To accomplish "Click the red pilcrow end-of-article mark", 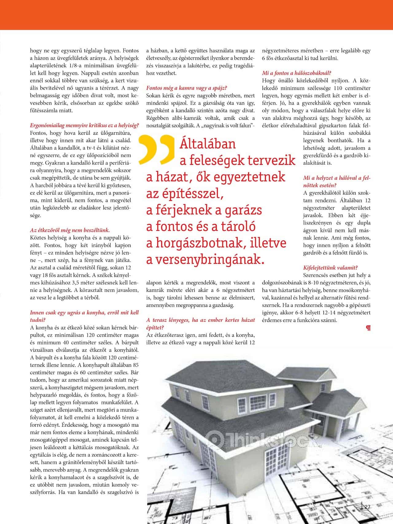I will tap(368, 328).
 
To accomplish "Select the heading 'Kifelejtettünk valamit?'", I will tap(330, 268).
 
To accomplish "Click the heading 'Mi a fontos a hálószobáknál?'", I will tap(296, 73).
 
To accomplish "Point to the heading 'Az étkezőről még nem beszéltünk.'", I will tap(70, 230).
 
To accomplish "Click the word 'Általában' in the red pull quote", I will tap(208, 144).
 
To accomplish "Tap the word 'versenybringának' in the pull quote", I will tap(205, 259).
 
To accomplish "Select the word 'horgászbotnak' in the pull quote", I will tap(200, 243).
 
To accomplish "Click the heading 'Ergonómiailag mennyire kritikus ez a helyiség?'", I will tap(84, 126).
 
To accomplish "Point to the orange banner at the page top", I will tap(196, 15).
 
